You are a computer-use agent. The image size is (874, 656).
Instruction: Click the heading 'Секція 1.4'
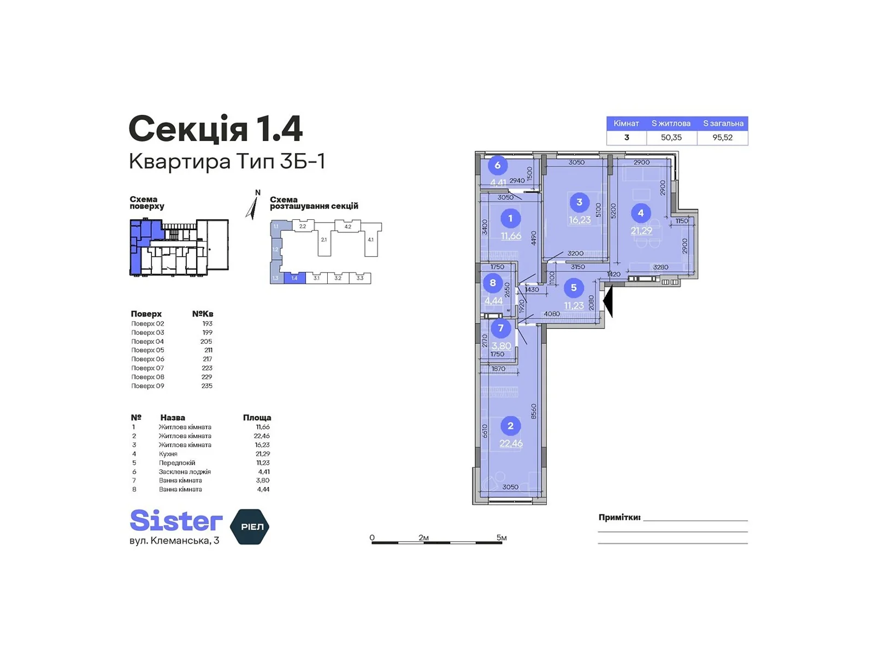[215, 130]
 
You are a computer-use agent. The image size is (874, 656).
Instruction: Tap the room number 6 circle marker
[497, 165]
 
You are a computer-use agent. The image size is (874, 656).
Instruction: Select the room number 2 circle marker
[510, 426]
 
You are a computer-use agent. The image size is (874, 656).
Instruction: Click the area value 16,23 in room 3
[580, 220]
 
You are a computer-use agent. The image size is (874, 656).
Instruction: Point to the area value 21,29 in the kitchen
[641, 231]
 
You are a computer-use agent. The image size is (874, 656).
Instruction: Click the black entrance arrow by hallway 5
[608, 301]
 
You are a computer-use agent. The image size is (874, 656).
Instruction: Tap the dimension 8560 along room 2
[534, 411]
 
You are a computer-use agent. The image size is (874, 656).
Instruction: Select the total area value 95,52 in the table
[722, 138]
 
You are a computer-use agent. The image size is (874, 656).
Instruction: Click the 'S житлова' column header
[671, 124]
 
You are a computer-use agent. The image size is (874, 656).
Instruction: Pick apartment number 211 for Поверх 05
[208, 350]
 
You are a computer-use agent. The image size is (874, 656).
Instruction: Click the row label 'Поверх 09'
[147, 386]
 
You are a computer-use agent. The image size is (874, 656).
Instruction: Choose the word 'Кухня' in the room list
[168, 454]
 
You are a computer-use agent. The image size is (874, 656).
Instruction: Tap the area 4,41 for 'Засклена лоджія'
[263, 472]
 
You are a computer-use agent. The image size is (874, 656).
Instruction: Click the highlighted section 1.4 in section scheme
[294, 278]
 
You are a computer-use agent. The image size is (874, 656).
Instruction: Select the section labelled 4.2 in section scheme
[347, 226]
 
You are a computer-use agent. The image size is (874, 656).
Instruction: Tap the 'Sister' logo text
[176, 521]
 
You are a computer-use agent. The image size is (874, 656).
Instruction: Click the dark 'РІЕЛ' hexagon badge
[251, 526]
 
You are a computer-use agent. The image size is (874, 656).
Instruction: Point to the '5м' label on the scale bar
[501, 537]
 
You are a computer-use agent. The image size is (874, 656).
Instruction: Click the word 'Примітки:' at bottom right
[619, 517]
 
